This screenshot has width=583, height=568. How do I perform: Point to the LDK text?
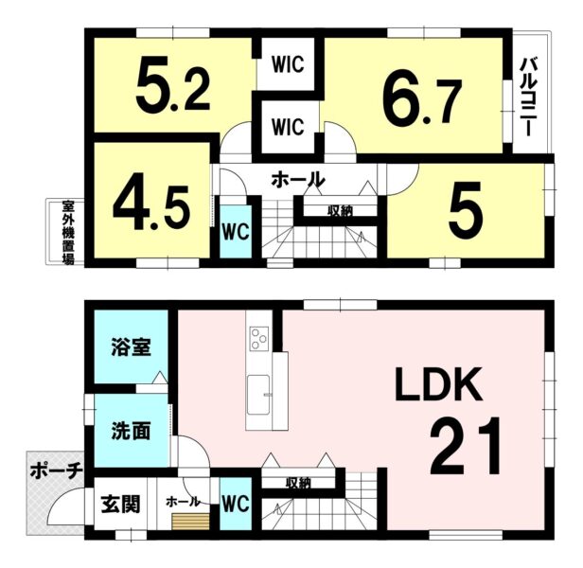[438, 384]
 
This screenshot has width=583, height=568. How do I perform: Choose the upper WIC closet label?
[288, 64]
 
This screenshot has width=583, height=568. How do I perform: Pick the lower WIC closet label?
[288, 127]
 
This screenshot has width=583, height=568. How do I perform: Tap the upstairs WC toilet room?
[236, 232]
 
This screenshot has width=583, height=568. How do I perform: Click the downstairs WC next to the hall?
[236, 504]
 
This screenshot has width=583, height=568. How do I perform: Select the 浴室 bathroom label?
[131, 346]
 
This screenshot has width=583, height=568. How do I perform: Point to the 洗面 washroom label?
[131, 432]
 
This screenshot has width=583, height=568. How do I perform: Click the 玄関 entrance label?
[121, 505]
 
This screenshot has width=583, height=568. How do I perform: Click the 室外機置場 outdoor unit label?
[68, 233]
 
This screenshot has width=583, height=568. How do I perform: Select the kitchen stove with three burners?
[258, 338]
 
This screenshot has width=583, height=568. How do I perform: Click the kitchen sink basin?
[258, 395]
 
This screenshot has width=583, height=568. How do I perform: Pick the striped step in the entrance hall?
[190, 522]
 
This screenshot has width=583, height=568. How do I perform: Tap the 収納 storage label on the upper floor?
[340, 211]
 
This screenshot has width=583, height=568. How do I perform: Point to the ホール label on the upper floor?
[298, 179]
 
